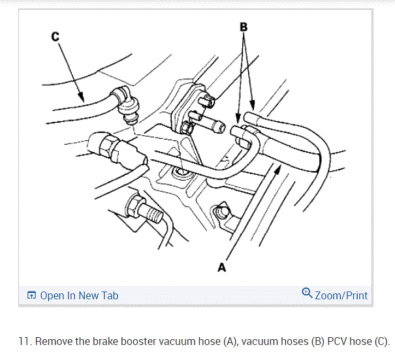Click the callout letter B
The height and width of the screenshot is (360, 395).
tap(244, 27)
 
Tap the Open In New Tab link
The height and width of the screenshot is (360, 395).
tap(79, 295)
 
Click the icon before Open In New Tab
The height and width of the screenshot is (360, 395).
tap(31, 296)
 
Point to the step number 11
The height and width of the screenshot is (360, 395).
tap(24, 342)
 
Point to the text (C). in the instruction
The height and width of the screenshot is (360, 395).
tap(381, 342)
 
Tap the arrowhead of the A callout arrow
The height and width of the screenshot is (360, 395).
tap(279, 168)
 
